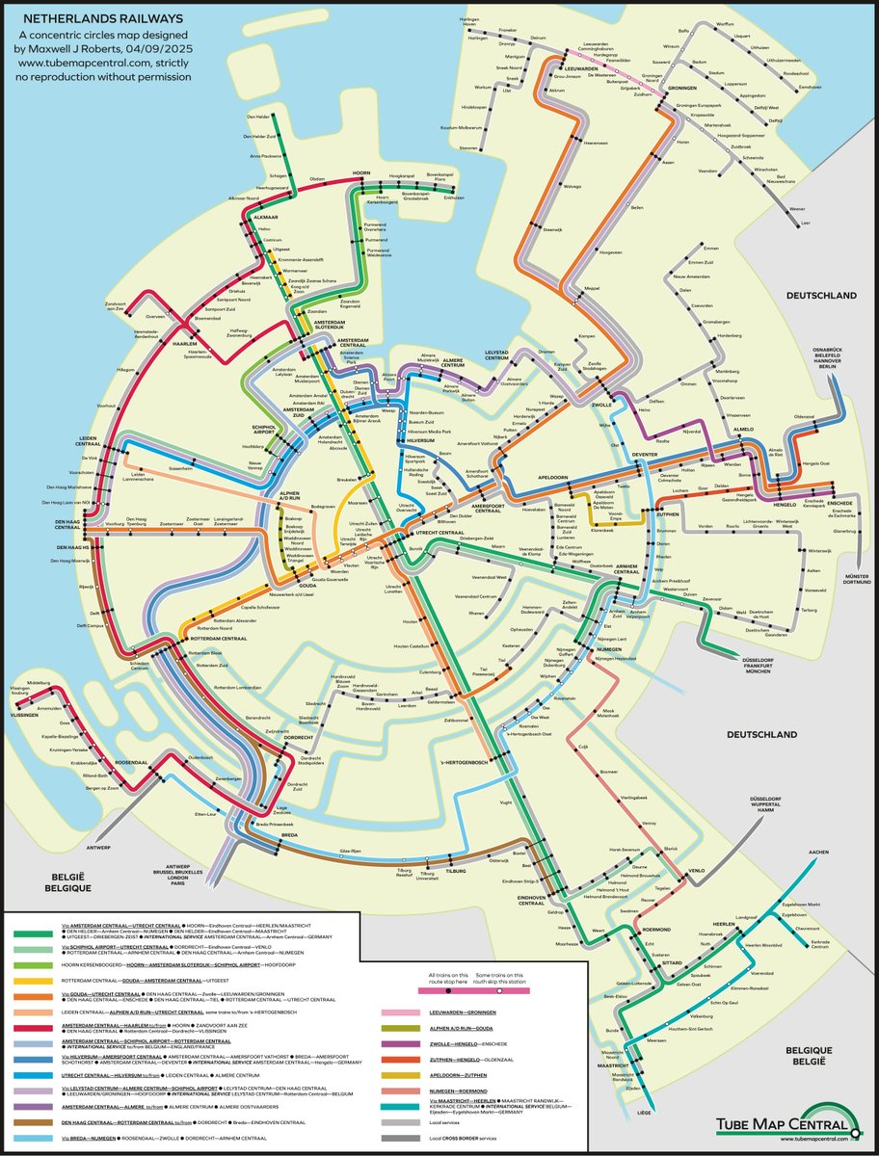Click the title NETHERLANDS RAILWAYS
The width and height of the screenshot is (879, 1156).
click(x=104, y=17)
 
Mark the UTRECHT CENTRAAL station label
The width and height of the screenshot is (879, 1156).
click(x=439, y=532)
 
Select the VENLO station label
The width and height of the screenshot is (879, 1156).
click(x=695, y=869)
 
